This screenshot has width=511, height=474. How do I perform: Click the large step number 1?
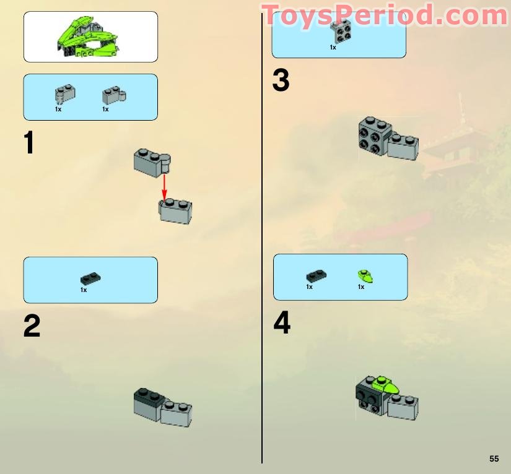28,143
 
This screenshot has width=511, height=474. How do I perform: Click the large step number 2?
32,326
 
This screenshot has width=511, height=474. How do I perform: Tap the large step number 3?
281,81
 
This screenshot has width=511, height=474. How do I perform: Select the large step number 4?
282,323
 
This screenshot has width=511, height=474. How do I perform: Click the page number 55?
494,459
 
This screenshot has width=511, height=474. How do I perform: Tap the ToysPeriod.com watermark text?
384,15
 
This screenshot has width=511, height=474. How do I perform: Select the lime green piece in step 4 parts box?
365,275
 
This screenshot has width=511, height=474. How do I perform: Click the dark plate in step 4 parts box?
316,276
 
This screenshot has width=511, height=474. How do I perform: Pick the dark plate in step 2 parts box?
90,279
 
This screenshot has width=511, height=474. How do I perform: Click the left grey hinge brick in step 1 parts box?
65,93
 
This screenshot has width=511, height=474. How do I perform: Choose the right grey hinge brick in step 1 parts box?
113,94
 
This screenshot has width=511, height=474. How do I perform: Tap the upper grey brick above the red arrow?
151,162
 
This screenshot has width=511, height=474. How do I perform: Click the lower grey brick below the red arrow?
176,211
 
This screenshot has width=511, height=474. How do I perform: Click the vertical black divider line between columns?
262,248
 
